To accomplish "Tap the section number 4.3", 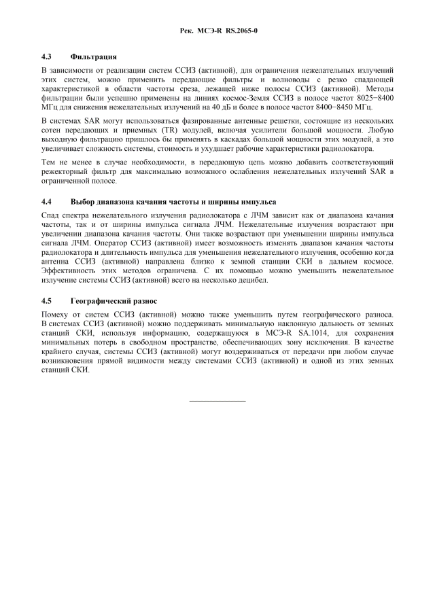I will pyautogui.click(x=47, y=56).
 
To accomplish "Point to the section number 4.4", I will pyautogui.click(x=47, y=202).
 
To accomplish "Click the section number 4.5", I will pyautogui.click(x=47, y=300).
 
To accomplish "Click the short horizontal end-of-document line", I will pyautogui.click(x=217, y=400).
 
